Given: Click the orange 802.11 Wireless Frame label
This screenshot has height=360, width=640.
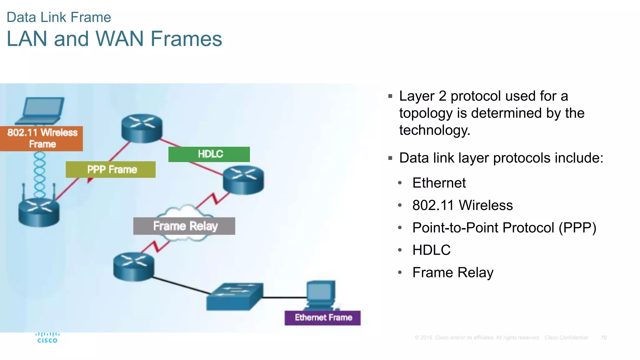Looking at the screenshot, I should [x=42, y=138].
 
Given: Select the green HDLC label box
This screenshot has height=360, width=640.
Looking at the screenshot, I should [x=209, y=154].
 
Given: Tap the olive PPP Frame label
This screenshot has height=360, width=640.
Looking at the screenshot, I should [x=111, y=169].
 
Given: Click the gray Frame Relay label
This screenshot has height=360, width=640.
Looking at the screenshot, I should [x=184, y=226].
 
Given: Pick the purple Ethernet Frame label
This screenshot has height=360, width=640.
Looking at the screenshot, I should [x=322, y=318].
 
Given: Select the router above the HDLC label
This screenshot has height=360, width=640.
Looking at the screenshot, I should [x=142, y=128].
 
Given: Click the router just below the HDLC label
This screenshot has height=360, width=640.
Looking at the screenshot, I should [x=243, y=179].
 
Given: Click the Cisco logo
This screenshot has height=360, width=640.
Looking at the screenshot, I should [x=47, y=338].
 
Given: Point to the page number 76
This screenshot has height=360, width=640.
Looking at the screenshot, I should [x=603, y=338].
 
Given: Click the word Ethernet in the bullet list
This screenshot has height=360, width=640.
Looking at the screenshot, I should [x=439, y=183].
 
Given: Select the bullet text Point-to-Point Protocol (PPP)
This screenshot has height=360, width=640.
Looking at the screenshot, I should [x=504, y=227].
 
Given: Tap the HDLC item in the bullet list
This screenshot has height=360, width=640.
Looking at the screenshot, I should [x=431, y=250].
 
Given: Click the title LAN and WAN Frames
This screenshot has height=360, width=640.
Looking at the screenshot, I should [x=114, y=39].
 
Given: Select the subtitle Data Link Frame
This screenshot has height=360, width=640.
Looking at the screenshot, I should [x=59, y=17].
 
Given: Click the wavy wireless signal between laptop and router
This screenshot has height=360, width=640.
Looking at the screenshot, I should [x=40, y=174].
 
